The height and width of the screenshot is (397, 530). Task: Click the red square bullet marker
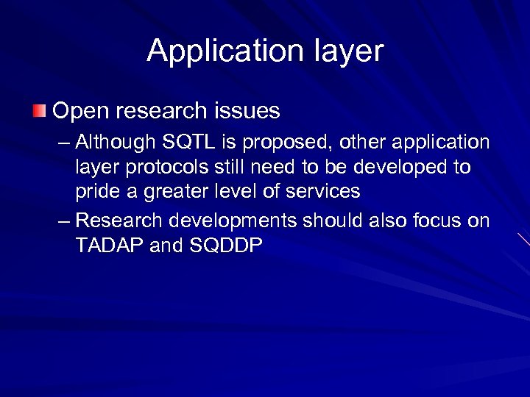pyautogui.click(x=38, y=111)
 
